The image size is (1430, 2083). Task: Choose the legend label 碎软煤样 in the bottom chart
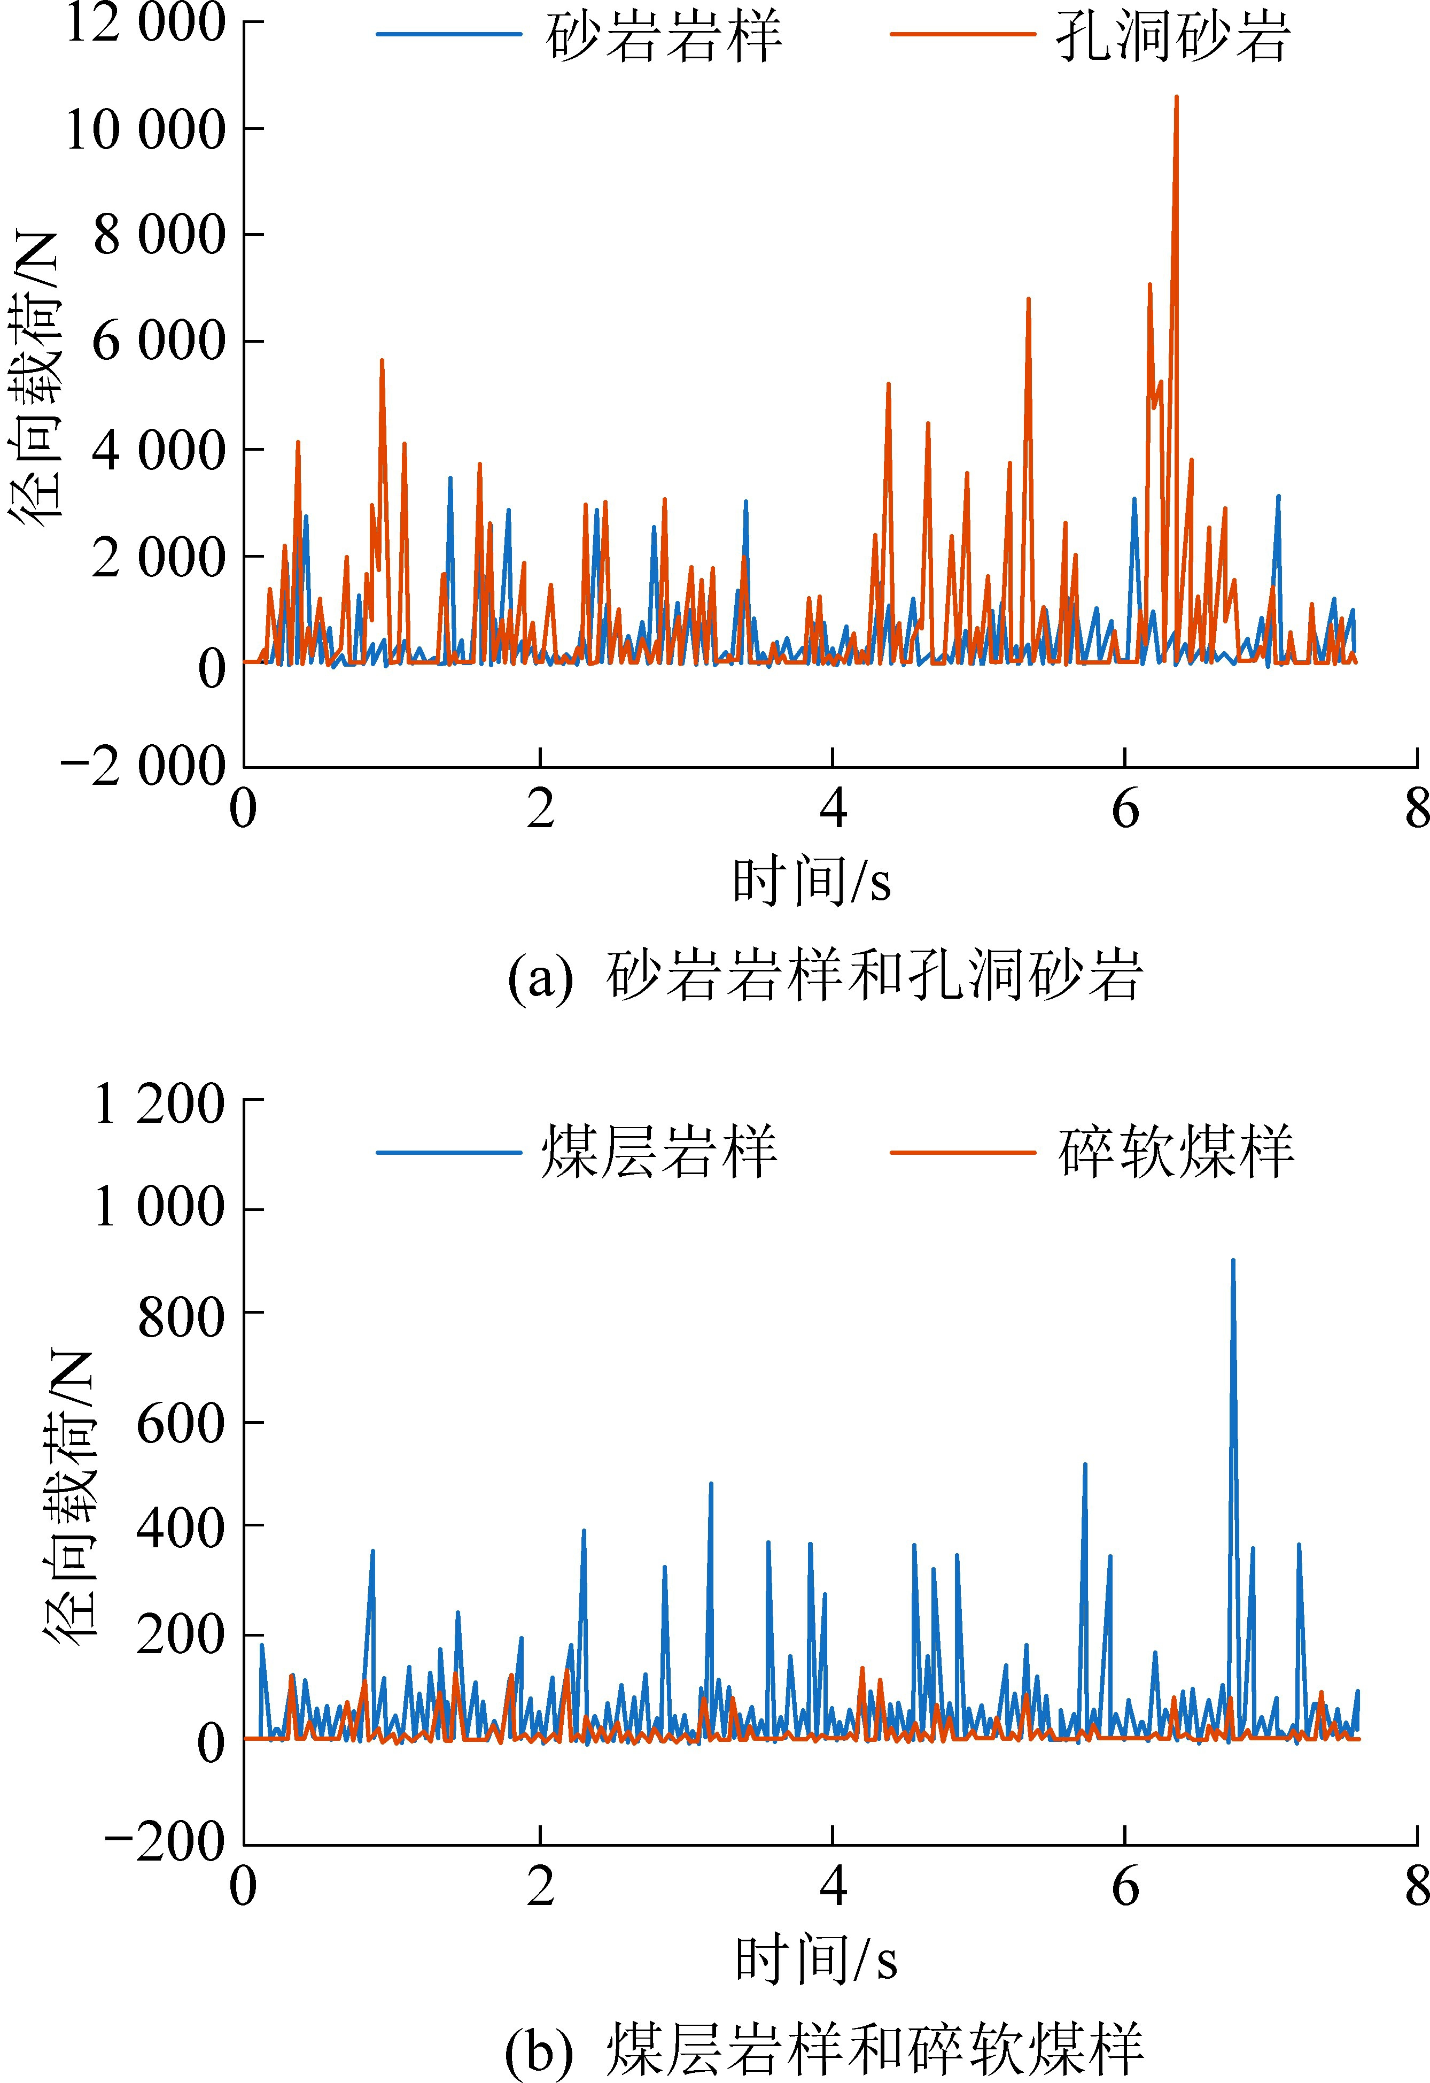1176,1153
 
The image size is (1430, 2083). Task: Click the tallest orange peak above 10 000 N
1176,98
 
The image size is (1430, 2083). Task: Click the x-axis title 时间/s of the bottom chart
815,1959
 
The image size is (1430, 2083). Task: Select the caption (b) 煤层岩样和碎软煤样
825,2049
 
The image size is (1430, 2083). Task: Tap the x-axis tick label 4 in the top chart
833,809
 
